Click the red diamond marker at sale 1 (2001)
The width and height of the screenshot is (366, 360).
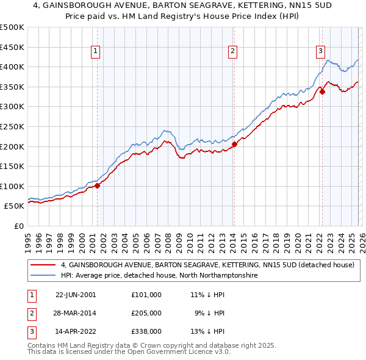tap(98, 185)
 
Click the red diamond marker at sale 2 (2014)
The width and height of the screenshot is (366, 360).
tap(234, 145)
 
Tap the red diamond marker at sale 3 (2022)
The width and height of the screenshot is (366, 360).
tap(322, 92)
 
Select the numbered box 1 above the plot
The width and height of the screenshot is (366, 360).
tap(96, 52)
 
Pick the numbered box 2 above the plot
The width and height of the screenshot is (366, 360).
tap(233, 52)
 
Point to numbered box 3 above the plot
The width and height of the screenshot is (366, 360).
tap(320, 52)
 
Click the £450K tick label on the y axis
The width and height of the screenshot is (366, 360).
tap(12, 47)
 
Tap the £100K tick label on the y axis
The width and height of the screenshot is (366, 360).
tap(12, 186)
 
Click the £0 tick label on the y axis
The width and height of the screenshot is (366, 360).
tap(18, 226)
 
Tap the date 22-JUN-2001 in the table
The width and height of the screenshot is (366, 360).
tap(76, 294)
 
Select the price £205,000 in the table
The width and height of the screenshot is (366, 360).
tap(146, 313)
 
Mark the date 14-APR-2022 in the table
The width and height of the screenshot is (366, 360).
tap(76, 332)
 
